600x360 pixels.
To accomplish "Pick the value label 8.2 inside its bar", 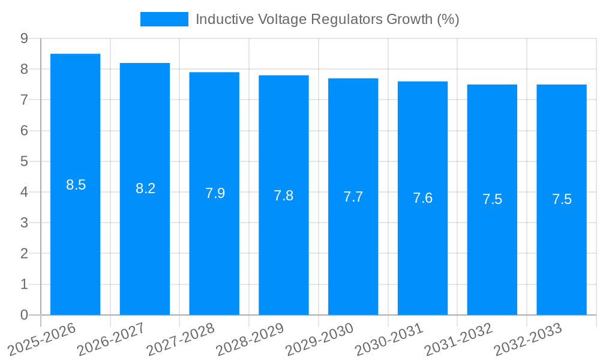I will click(145, 188).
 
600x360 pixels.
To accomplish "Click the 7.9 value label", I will click(215, 193).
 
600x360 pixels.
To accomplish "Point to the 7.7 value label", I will click(353, 197).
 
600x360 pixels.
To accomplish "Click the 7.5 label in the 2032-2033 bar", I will click(562, 200).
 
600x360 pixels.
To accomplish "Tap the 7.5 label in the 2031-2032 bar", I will click(492, 200).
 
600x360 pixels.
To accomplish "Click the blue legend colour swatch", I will click(164, 19).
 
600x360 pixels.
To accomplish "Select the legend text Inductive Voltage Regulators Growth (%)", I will click(327, 19).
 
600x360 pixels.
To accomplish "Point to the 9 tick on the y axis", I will click(24, 38).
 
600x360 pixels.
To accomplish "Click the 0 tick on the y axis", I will click(24, 315).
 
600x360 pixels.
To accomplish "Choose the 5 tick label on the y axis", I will click(24, 161).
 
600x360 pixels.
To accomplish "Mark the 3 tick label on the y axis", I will click(24, 223).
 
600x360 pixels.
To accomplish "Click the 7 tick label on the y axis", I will click(24, 100).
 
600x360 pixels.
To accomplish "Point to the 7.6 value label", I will click(422, 198).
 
